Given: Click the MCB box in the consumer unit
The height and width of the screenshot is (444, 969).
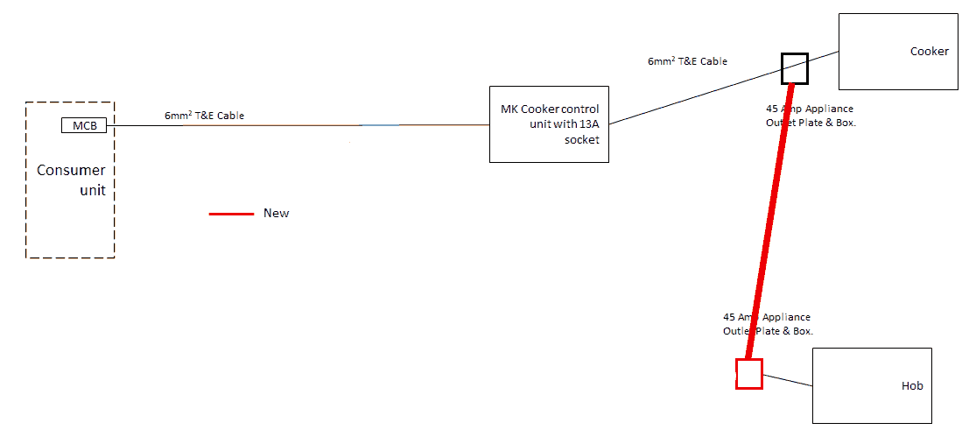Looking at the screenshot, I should (84, 126).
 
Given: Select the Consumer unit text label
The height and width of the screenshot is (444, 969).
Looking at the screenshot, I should (71, 180).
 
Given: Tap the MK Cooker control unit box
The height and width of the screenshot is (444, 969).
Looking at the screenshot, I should (549, 123).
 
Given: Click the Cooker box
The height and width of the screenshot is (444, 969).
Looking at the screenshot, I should (898, 51).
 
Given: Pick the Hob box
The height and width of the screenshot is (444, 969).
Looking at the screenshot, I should (872, 385).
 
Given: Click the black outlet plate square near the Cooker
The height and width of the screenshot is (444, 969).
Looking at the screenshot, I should (795, 67).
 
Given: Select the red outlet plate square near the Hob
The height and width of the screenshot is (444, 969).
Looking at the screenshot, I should (749, 374).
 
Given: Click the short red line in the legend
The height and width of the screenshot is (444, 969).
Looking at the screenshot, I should (231, 214).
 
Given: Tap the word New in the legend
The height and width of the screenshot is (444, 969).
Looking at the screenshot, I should (276, 214).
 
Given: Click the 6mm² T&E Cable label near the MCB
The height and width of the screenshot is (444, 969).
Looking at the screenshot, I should (204, 116).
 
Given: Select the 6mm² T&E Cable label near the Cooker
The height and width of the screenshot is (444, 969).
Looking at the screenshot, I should (687, 62).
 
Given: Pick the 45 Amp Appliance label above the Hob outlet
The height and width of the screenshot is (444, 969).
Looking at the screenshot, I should (767, 324).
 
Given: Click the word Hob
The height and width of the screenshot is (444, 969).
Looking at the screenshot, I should (912, 386).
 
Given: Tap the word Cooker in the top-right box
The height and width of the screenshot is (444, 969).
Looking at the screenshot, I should (929, 52).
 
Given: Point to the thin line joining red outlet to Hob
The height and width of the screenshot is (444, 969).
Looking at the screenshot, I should (788, 381).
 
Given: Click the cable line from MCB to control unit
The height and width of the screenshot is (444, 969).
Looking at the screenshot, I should (298, 126).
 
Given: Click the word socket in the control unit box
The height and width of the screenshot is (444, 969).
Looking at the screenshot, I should (582, 140).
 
